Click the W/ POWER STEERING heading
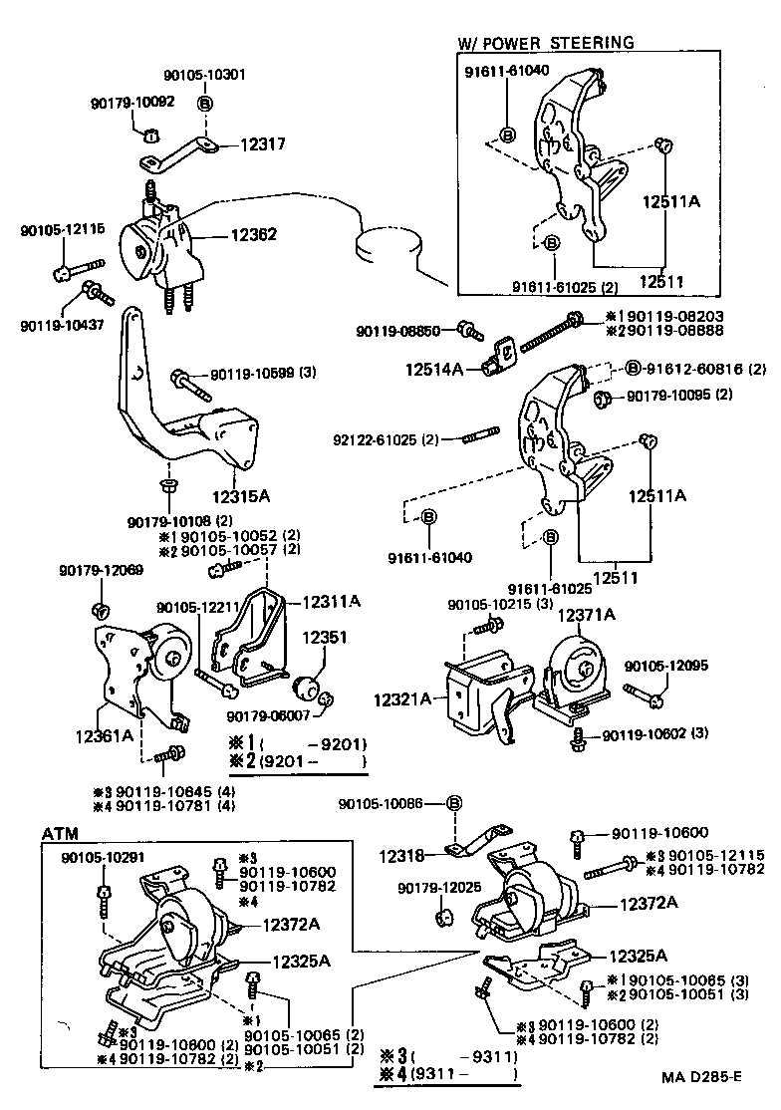(545, 43)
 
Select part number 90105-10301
(204, 75)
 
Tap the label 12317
(262, 144)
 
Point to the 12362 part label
(254, 235)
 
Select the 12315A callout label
(241, 493)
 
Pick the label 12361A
(105, 735)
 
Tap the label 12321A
(403, 699)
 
